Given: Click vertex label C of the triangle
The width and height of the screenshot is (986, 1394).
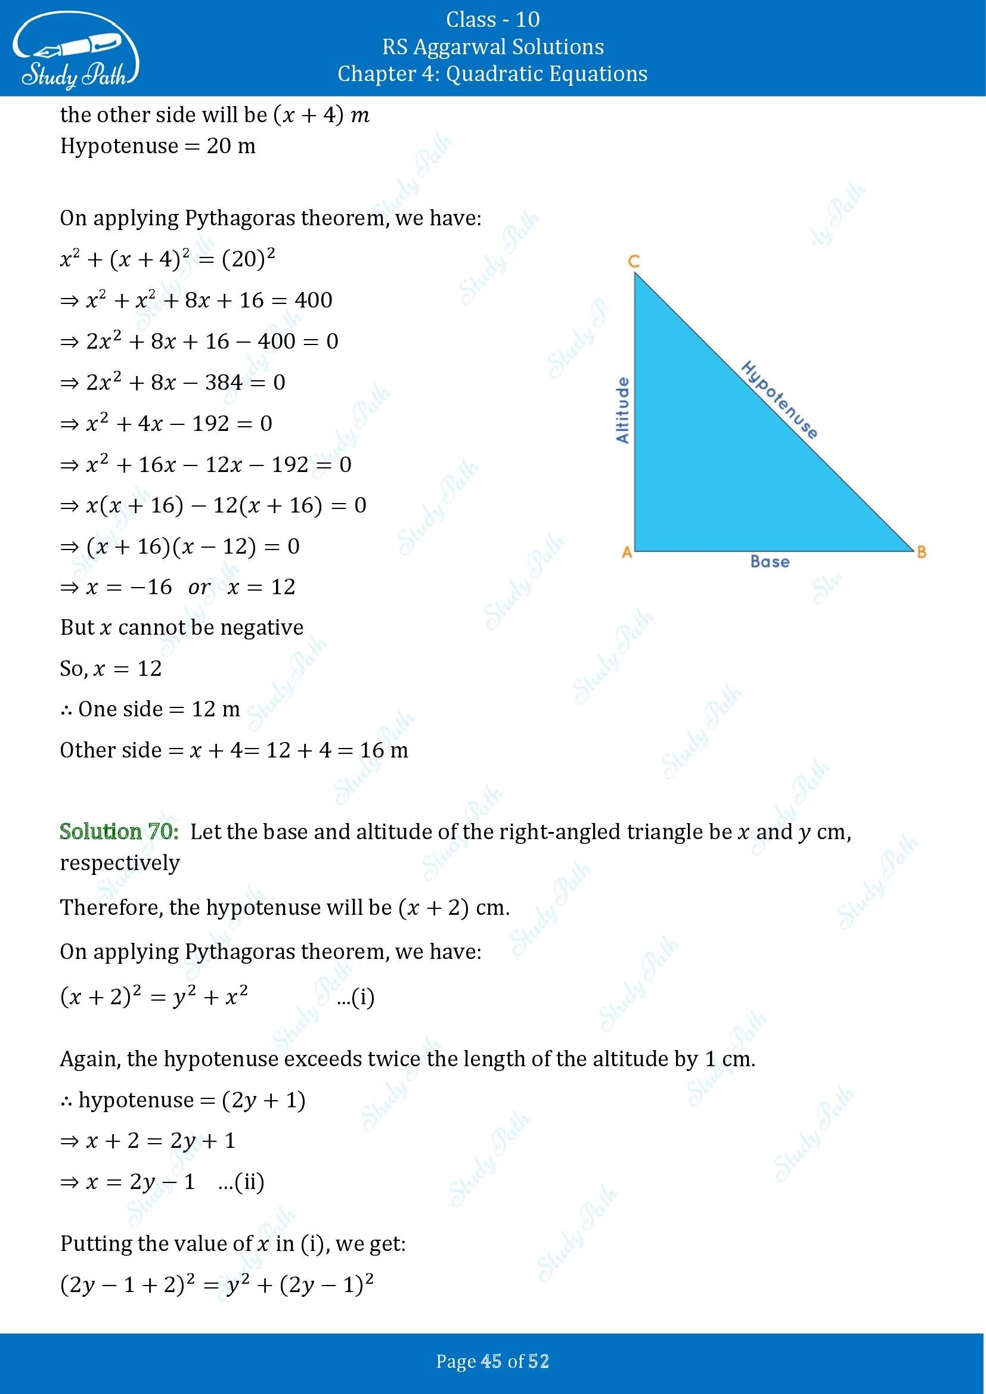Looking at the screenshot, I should point(633,262).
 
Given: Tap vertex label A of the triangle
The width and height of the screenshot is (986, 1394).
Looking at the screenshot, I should point(627,552).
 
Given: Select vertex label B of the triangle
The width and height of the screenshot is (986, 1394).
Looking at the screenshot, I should point(921,552).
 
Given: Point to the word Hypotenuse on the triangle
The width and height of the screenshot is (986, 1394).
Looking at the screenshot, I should point(780,399).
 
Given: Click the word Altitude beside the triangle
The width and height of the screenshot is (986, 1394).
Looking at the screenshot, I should point(622,410).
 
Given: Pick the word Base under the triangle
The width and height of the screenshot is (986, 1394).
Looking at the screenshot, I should point(770,561).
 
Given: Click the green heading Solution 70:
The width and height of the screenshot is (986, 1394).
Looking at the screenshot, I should point(119,831).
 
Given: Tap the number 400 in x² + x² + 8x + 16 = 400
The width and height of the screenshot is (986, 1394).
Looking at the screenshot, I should point(314,300).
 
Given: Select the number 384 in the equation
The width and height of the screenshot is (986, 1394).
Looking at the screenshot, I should point(224,383).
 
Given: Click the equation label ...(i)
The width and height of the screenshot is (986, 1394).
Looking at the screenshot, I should point(356,997).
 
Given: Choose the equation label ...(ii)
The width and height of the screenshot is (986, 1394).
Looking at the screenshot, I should point(241,1181).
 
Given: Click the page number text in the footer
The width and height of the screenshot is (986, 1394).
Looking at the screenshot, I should point(492,1361).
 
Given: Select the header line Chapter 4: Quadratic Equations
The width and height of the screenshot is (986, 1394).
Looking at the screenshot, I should point(492,74).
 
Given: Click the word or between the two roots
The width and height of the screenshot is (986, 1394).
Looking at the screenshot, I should point(199,587).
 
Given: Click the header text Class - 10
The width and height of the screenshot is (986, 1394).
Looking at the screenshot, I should point(492,20).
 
